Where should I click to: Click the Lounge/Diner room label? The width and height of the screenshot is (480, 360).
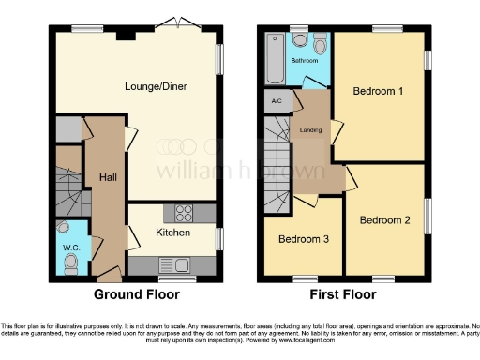coord(156,86)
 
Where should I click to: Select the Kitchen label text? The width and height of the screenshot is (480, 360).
coord(172,232)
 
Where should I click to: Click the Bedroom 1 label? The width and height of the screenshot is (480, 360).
coord(379,91)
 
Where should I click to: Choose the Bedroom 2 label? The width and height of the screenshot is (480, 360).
coord(385,220)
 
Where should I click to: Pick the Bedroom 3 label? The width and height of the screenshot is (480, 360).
coord(303,239)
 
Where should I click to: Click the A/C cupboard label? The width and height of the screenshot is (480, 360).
coord(277,101)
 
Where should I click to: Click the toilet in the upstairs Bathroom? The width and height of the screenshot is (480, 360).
coord(320,43)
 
